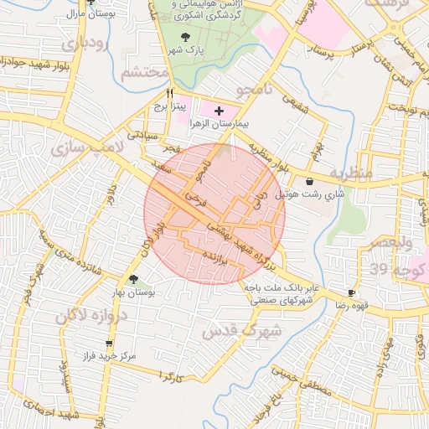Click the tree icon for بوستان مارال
tap(71, 3)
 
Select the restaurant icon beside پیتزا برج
tap(169, 94)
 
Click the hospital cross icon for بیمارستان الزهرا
tap(220, 110)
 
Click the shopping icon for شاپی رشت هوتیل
tap(311, 181)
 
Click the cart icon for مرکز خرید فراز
tap(108, 343)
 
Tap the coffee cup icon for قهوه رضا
tap(351, 292)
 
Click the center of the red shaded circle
tap(214, 214)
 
